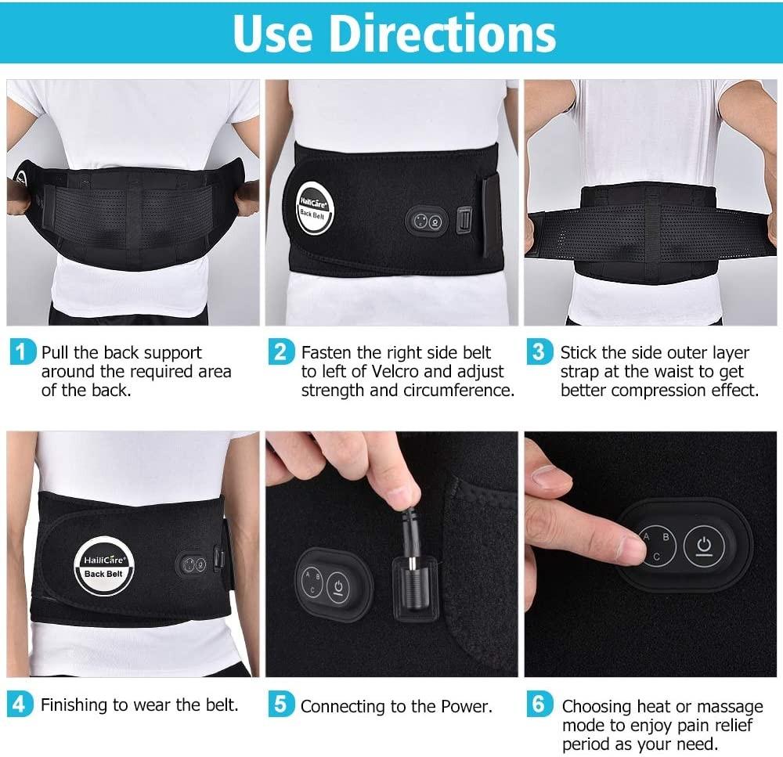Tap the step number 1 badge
21,351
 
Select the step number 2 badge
280,351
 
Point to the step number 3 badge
539,351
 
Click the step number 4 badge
21,704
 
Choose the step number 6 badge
539,704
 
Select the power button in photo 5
338,585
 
